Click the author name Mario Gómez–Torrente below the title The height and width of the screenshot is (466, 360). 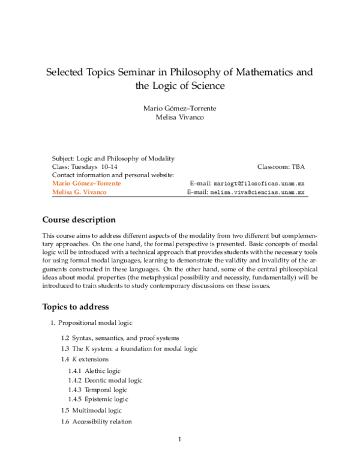click(179, 107)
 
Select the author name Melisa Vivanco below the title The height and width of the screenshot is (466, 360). click(179, 117)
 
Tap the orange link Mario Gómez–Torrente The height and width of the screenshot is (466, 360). click(86, 183)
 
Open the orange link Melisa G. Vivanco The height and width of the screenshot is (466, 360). click(82, 193)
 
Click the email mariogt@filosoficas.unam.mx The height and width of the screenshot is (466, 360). click(259, 183)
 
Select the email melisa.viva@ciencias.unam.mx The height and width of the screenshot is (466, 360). click(257, 193)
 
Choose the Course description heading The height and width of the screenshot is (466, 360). click(79, 220)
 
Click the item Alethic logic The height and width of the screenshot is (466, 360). click(103, 371)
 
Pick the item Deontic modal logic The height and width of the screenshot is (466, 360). click(113, 380)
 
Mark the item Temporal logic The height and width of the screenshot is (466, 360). click(106, 390)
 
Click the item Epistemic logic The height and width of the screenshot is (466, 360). click(106, 399)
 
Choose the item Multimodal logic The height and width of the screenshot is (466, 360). click(97, 410)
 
